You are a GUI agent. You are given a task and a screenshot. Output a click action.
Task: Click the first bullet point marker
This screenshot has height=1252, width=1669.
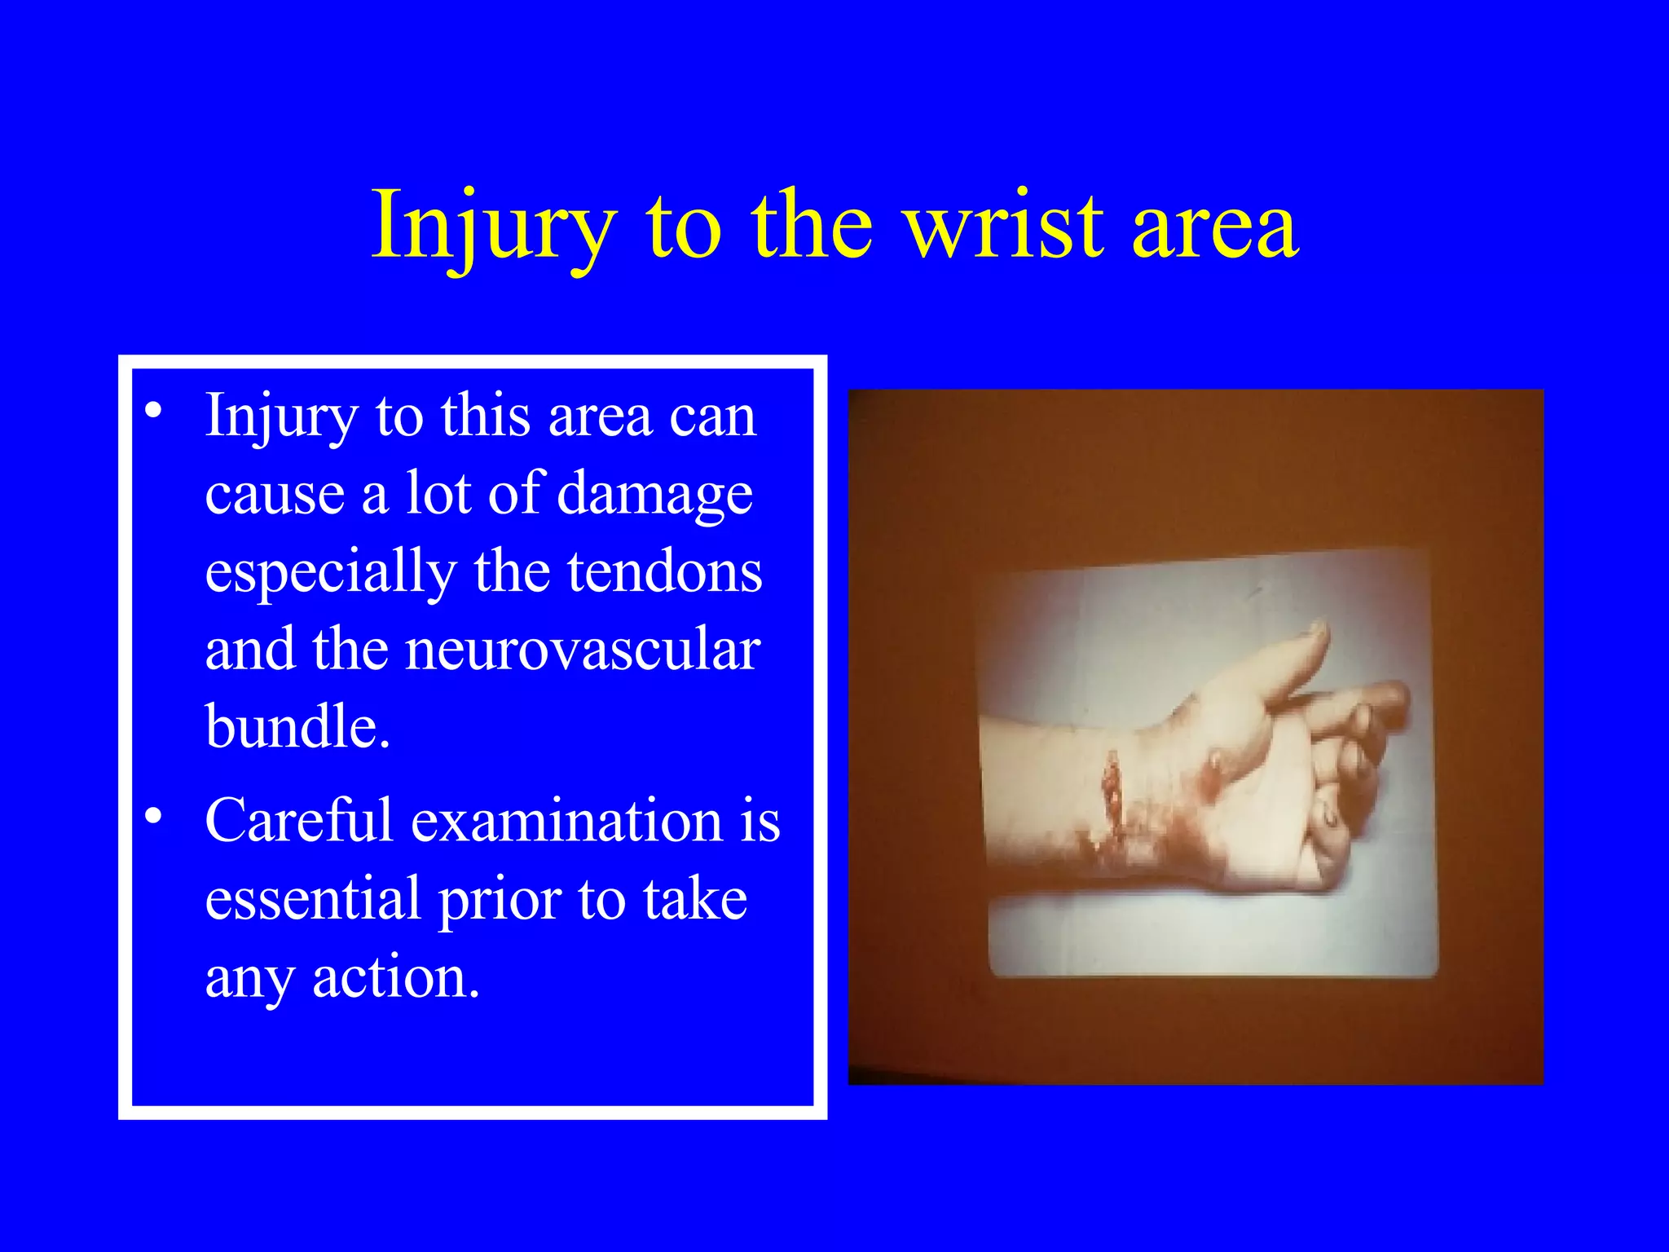point(153,411)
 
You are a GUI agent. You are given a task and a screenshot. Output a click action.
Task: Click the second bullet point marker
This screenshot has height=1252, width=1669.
point(153,815)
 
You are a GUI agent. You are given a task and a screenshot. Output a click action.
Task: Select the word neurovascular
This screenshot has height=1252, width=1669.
point(583,650)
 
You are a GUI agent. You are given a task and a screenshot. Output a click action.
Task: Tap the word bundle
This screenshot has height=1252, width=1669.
point(297,726)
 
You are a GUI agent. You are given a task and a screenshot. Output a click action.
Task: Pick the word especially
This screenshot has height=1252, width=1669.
point(330,572)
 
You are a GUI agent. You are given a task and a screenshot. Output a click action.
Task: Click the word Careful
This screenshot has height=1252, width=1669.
point(299,820)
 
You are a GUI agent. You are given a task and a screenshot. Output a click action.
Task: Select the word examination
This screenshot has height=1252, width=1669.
point(566,820)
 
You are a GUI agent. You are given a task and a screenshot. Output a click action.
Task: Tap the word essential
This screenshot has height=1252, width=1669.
point(313,898)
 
